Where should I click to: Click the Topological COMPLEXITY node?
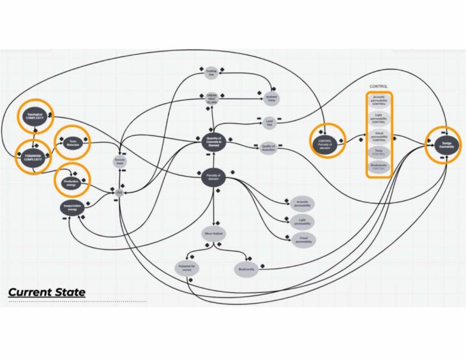pyautogui.click(x=34, y=116)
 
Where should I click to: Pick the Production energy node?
pyautogui.click(x=71, y=182)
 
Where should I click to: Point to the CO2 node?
pyautogui.click(x=119, y=191)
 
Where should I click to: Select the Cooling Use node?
pyautogui.click(x=211, y=73)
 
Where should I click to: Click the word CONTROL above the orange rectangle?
pyautogui.click(x=379, y=86)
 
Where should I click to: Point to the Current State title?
pyautogui.click(x=46, y=292)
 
